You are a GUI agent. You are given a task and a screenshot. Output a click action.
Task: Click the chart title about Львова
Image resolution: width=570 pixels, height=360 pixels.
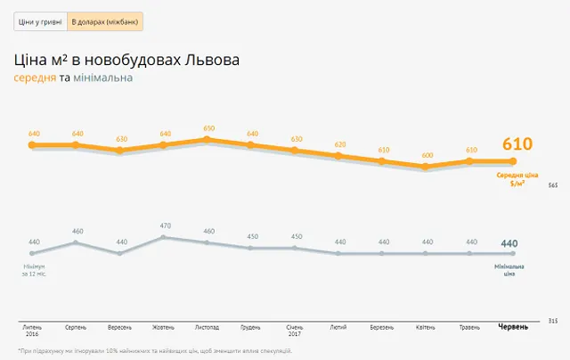point(126,61)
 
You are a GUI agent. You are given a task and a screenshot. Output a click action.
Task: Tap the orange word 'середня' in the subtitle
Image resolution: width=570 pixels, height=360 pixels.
point(34,78)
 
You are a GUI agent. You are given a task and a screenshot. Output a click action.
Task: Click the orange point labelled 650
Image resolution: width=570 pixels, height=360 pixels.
point(208,139)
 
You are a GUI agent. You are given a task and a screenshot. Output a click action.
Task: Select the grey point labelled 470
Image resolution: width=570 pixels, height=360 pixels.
point(165,236)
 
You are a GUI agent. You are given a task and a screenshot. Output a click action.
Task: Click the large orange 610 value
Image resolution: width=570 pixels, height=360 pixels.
point(517,144)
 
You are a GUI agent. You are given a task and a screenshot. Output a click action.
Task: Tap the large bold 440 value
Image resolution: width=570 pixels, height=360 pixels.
point(509,244)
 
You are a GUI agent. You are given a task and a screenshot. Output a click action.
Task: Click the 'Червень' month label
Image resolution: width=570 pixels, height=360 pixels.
point(511,326)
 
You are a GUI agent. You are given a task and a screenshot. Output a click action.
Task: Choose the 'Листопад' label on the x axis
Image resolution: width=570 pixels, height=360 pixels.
point(208,326)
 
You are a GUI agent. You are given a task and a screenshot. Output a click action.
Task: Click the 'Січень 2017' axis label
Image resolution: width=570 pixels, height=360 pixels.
point(296,330)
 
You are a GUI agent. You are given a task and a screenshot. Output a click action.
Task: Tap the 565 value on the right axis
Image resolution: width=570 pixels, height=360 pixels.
point(552,185)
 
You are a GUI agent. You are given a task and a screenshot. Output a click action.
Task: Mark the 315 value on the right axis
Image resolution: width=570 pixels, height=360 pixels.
point(552,320)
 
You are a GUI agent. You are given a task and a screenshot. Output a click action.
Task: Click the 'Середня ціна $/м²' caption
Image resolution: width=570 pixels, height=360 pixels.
point(517,178)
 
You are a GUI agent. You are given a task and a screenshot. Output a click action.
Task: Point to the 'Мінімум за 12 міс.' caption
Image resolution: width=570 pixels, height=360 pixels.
point(34,270)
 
